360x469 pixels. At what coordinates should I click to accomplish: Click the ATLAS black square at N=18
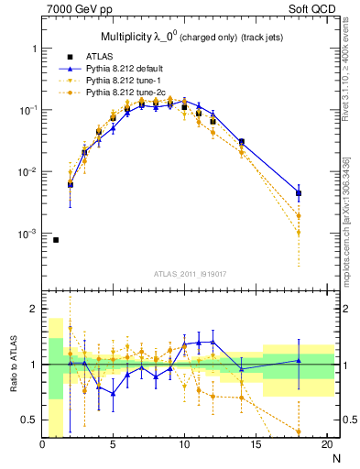pos(299,193)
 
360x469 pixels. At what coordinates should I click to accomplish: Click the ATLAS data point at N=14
pos(242,142)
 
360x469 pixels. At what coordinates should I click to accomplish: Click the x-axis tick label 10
pos(184,445)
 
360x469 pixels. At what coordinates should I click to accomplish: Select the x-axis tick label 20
pos(326,445)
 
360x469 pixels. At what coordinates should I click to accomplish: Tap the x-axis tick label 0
pos(42,445)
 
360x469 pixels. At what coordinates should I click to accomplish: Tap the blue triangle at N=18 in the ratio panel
pos(299,361)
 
